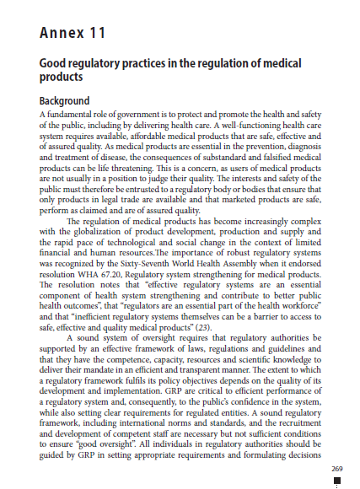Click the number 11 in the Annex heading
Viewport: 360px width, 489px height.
coord(94,34)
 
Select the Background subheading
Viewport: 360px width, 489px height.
coord(70,101)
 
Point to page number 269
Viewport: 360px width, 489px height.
coord(337,468)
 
